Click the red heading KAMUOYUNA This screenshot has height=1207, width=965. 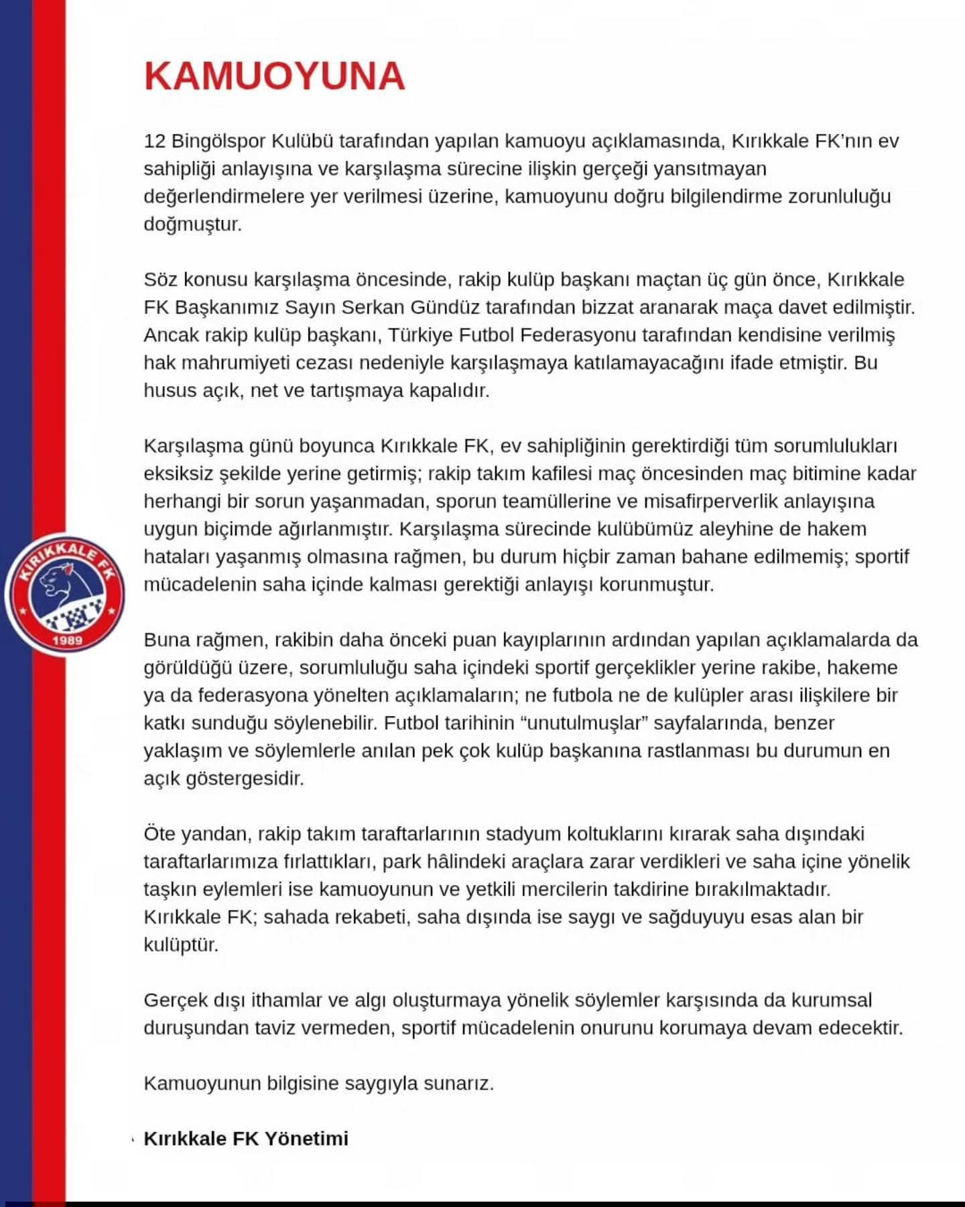coord(274,76)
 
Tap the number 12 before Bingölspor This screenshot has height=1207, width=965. coord(155,141)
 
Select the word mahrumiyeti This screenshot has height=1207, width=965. coord(235,363)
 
